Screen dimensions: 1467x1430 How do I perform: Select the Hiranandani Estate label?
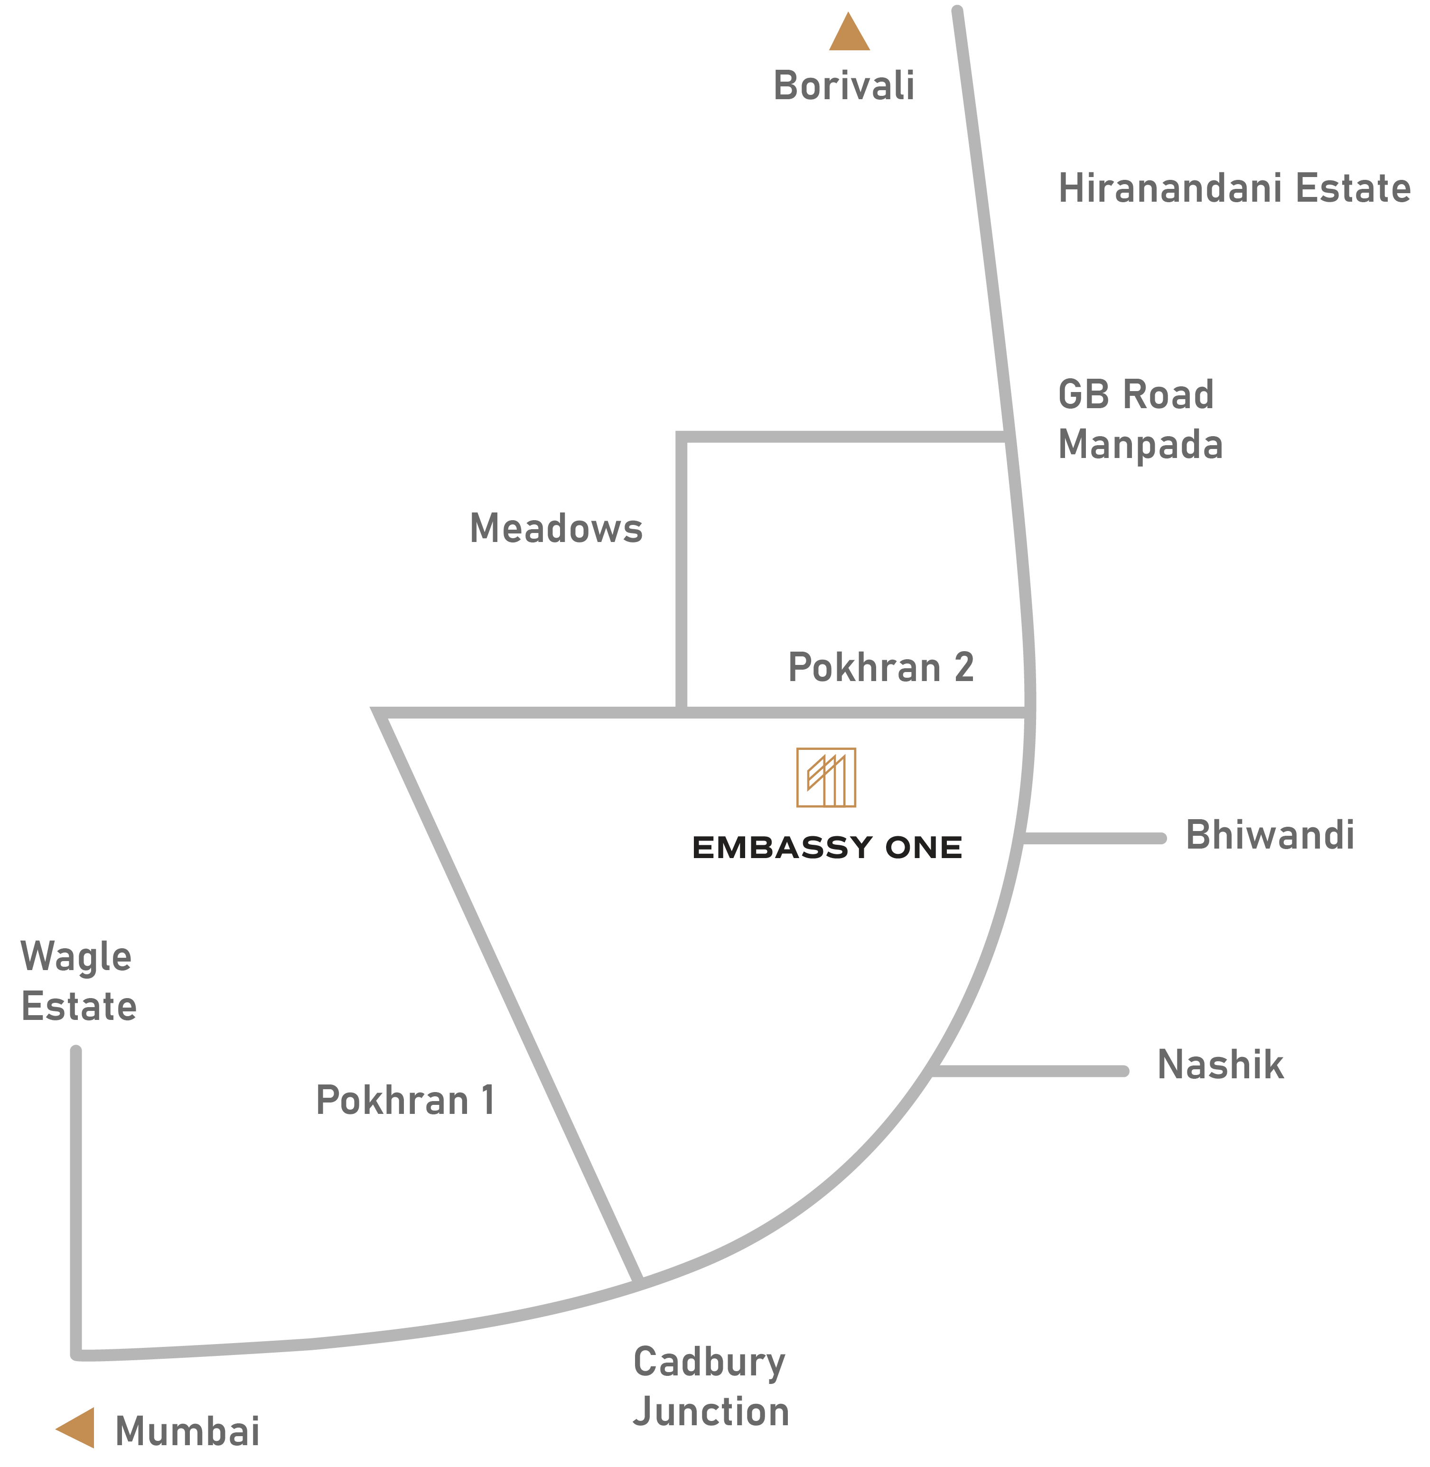point(1234,188)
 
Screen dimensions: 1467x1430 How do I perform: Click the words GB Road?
point(1136,394)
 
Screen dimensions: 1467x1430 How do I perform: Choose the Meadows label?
point(556,528)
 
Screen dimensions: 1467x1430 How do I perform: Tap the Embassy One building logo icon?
point(826,777)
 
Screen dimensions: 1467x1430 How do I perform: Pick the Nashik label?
point(1220,1065)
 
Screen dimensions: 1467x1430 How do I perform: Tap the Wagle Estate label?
point(78,981)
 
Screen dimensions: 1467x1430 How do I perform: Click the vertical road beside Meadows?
point(681,571)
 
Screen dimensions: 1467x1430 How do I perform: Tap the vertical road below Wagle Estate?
point(76,1202)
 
